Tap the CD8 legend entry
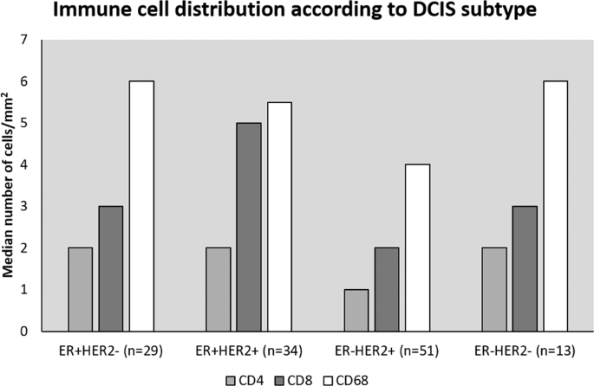pos(288,377)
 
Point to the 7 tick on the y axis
pos(35,40)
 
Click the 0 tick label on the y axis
pos(35,331)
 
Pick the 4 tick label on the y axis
pos(35,164)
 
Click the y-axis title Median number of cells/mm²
pos(11,185)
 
